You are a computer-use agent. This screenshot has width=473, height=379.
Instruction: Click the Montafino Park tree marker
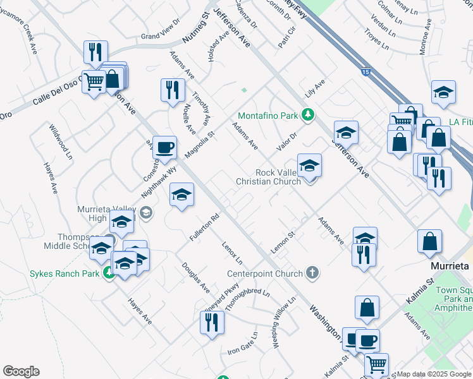(x=307, y=115)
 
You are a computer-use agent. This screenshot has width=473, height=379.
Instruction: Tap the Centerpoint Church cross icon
(x=312, y=273)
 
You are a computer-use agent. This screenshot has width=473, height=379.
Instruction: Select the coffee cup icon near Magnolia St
(x=164, y=148)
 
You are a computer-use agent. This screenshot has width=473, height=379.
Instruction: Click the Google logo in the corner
(x=21, y=371)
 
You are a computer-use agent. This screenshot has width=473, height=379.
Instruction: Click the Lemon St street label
(x=283, y=243)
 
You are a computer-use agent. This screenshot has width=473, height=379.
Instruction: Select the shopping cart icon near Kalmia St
(x=376, y=364)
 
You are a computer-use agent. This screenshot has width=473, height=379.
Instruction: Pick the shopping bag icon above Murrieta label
(x=429, y=241)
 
